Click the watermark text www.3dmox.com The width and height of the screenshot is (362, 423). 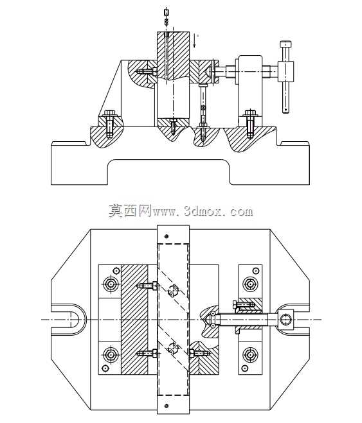point(203,211)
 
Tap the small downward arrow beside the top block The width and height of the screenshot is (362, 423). point(194,40)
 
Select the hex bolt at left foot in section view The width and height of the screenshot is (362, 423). point(109,123)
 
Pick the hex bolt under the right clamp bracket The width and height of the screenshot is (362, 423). point(250,123)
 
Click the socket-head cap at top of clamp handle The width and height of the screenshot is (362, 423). point(285,44)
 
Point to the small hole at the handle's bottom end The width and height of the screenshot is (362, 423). point(285,110)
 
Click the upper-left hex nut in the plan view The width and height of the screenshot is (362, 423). point(111,284)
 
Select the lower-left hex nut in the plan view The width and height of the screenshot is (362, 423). point(111,355)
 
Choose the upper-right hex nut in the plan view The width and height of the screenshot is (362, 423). point(250,284)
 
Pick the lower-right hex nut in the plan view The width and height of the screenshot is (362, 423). point(250,355)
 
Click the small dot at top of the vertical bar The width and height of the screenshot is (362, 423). point(167,236)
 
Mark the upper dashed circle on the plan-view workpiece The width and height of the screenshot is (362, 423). point(173,290)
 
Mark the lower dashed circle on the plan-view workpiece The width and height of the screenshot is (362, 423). point(173,347)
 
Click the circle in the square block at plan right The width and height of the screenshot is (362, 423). point(285,320)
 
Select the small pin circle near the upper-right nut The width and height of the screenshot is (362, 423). point(255,271)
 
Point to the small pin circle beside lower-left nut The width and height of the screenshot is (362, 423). point(105,368)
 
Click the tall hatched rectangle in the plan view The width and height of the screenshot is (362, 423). point(134,320)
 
